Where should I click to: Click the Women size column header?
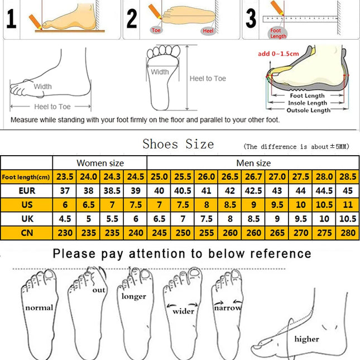100,163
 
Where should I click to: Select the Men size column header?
253,163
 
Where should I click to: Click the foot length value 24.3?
112,177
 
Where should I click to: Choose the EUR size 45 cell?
348,191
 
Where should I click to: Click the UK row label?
27,219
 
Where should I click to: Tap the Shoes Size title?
178,144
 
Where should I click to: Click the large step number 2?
132,19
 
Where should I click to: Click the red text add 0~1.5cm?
277,54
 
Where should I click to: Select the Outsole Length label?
308,111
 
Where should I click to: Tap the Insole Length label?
308,103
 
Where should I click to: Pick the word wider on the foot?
184,311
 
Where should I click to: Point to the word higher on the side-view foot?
306,339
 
